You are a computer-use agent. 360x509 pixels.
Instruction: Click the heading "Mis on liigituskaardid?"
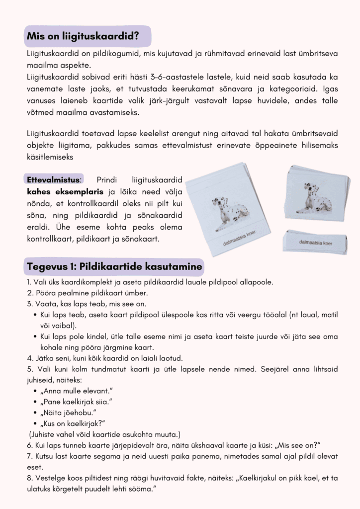(82, 36)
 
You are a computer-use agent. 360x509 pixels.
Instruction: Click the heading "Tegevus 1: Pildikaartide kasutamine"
(114, 267)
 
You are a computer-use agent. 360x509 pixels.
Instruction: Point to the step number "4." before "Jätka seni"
(30, 357)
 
